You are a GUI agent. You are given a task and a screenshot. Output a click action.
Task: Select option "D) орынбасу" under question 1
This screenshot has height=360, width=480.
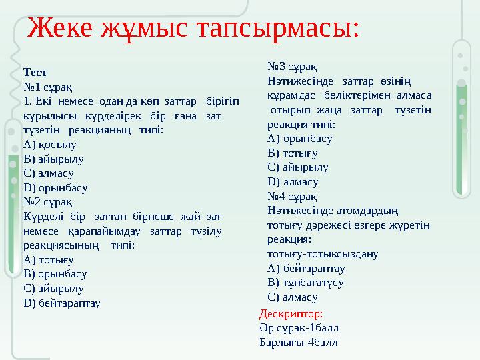(55, 187)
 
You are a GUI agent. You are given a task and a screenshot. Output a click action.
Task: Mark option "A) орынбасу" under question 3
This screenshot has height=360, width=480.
(299, 139)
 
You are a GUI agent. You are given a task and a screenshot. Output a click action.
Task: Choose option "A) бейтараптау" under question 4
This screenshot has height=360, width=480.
(305, 268)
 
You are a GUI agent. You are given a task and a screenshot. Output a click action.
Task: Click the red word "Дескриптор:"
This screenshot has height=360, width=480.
(291, 313)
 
